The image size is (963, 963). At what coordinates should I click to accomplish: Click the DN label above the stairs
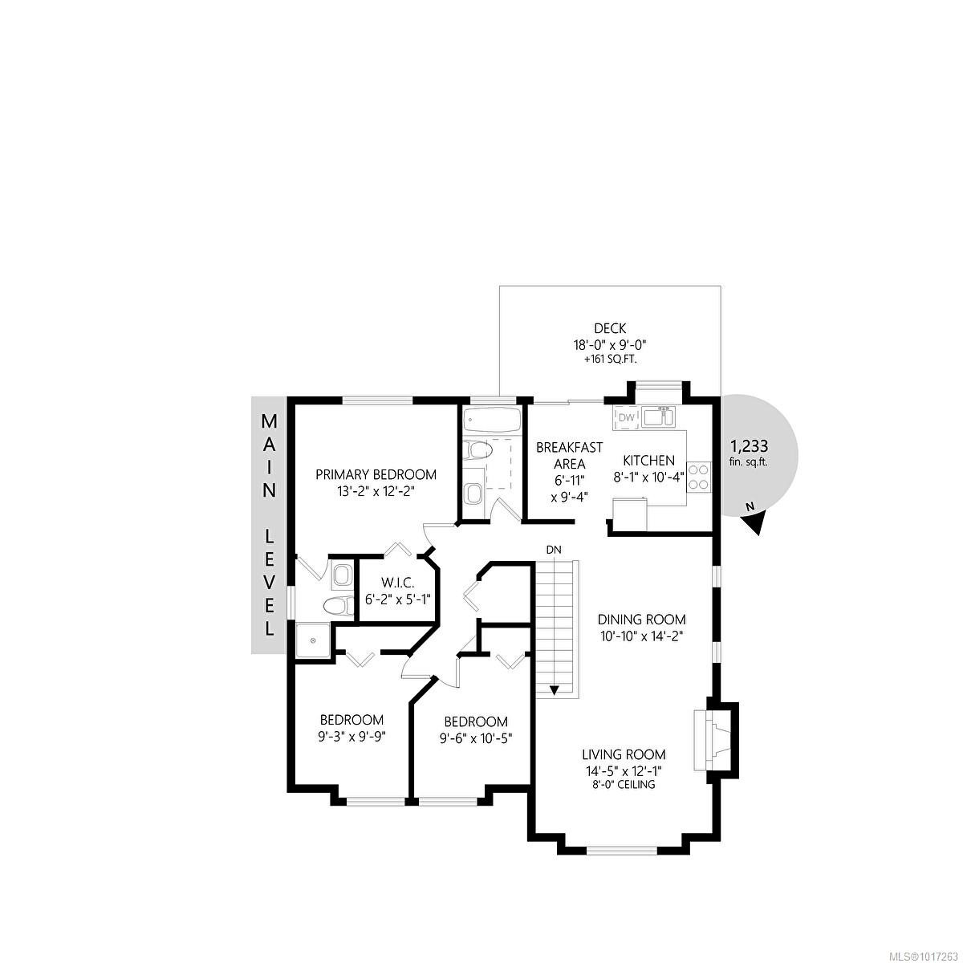(x=554, y=550)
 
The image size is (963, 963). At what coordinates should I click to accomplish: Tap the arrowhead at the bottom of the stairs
(x=554, y=689)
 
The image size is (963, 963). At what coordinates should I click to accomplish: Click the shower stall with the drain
(x=312, y=641)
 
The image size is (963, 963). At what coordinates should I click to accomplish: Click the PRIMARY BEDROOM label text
(x=376, y=474)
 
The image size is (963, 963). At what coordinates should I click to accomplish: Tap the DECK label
(x=610, y=328)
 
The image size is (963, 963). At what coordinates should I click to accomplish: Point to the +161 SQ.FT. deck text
(x=610, y=360)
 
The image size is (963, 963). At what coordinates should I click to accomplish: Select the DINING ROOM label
(x=642, y=620)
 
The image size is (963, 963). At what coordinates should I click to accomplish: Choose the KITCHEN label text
(x=650, y=461)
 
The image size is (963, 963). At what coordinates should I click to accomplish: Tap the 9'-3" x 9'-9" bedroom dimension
(x=352, y=737)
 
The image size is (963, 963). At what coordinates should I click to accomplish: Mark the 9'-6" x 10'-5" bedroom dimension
(x=476, y=738)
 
